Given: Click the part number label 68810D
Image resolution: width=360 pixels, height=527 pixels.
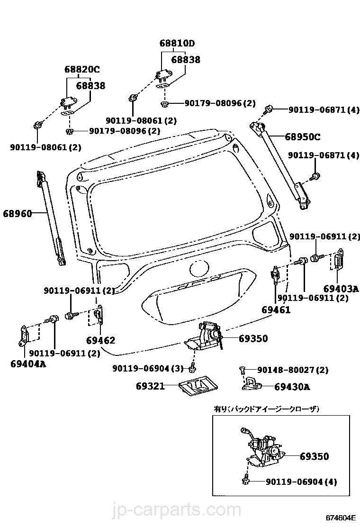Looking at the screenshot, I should [x=177, y=44].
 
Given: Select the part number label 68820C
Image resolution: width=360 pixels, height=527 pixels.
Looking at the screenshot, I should [x=82, y=69].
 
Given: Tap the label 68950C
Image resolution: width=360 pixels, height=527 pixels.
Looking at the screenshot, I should [x=302, y=137].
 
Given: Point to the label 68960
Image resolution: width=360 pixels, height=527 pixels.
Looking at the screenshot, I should [x=18, y=214].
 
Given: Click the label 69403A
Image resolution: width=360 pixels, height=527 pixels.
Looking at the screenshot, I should [x=341, y=288].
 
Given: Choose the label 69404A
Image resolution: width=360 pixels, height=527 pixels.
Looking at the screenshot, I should [x=28, y=364].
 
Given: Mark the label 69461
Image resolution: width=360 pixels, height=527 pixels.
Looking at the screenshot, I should [x=276, y=310].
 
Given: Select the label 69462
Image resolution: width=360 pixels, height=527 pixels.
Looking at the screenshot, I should [x=100, y=340].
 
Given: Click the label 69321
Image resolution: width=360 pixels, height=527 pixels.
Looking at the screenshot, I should [x=150, y=386].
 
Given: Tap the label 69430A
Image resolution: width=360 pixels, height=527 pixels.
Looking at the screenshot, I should [x=292, y=387].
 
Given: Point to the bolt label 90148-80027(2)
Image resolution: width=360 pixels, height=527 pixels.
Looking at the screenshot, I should [x=292, y=370].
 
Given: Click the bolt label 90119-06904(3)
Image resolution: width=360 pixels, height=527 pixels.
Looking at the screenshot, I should [x=147, y=368].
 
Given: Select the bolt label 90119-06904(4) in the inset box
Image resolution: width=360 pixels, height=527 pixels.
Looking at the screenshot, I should [x=301, y=482].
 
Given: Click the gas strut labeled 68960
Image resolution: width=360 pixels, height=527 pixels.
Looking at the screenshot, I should [x=50, y=218].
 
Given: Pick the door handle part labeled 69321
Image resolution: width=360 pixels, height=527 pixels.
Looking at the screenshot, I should [x=195, y=387].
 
